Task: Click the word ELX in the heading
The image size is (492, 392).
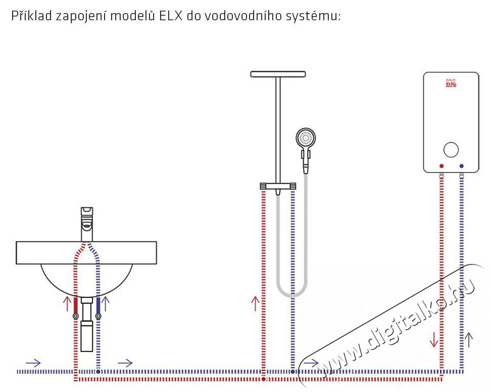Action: tap(170, 16)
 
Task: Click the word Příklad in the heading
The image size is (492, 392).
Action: tap(31, 15)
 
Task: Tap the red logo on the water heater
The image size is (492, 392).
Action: tap(451, 83)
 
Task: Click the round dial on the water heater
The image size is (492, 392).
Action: tap(451, 150)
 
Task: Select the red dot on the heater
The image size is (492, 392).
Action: tap(441, 166)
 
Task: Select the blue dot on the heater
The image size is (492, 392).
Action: tap(461, 166)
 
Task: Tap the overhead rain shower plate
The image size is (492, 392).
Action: tap(278, 74)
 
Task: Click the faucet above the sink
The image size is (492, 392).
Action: tap(87, 224)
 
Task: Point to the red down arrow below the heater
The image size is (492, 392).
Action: tap(434, 339)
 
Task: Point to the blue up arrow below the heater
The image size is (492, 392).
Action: tap(468, 340)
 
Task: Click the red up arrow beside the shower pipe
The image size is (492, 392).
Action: tap(256, 303)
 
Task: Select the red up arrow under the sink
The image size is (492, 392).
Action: tap(67, 303)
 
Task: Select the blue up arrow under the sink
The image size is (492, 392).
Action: tap(106, 303)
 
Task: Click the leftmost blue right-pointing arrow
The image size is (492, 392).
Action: tap(33, 363)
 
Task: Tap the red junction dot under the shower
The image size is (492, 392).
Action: tap(263, 379)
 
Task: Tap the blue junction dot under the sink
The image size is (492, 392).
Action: tap(98, 372)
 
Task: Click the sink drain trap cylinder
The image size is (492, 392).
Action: tap(87, 336)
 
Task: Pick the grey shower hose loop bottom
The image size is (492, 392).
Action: tap(292, 295)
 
